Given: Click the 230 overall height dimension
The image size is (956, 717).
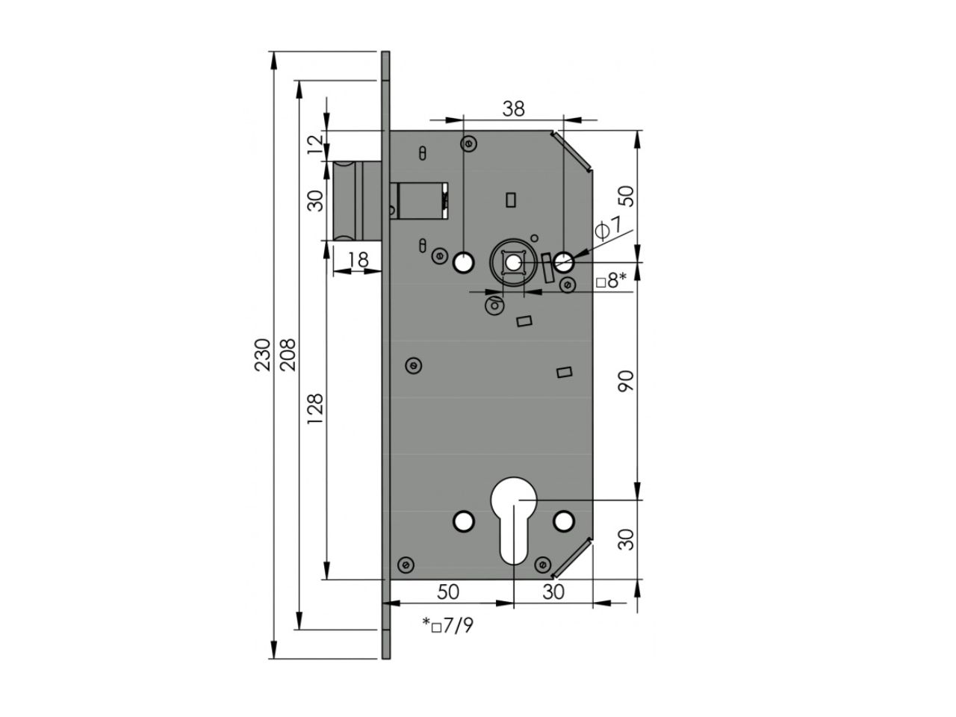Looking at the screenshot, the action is point(262,355).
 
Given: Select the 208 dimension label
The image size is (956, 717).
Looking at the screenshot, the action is point(288,355).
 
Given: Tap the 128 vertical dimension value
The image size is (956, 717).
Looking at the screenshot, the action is point(315,409).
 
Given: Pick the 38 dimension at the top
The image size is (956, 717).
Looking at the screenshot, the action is point(514,109).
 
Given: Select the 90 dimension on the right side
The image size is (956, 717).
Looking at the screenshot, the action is point(626,381).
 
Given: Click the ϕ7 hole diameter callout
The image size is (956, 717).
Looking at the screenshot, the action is point(609,229).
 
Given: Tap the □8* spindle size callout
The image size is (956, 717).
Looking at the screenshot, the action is point(611,281).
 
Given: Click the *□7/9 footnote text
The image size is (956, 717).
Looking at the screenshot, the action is point(447,626).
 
